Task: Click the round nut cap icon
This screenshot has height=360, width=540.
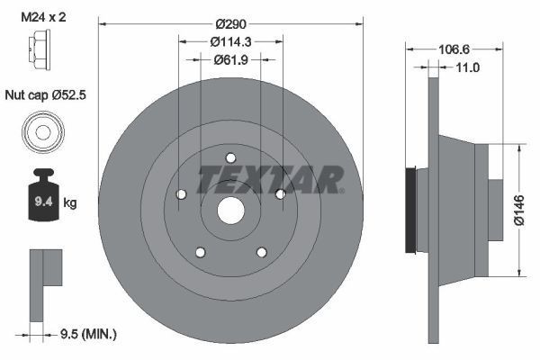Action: [41, 133]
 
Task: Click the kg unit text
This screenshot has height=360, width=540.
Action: [70, 203]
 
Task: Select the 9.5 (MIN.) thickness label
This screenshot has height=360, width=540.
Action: [87, 334]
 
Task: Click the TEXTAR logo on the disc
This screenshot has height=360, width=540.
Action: [270, 179]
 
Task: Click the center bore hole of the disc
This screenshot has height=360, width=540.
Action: [230, 211]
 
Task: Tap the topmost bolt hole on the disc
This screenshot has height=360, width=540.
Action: [230, 157]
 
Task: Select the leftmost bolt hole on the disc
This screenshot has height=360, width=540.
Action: [180, 194]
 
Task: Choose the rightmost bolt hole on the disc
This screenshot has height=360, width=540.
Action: [280, 194]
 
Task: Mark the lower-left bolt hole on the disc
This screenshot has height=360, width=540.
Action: [200, 252]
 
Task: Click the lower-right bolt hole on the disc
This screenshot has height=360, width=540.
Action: [261, 252]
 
